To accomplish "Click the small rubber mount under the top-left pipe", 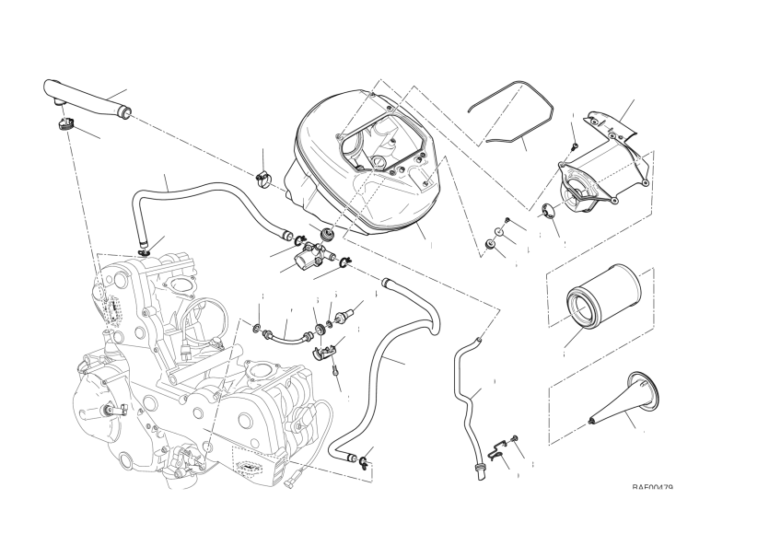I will (67, 124).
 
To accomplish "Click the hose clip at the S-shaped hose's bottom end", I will (366, 460).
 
